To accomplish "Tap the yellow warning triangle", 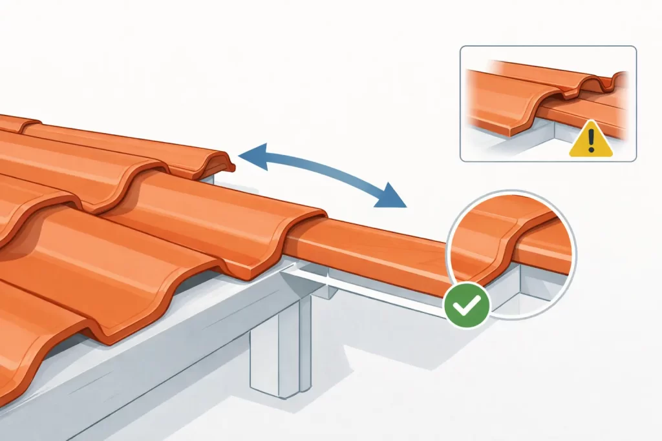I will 590,142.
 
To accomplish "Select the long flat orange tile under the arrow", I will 368,252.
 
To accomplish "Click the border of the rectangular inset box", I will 460,103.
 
